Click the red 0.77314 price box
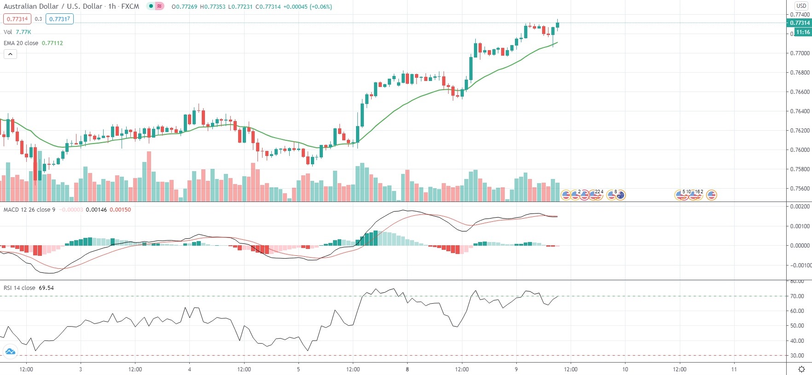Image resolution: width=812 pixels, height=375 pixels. pos(17,19)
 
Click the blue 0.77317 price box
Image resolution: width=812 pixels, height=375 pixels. pos(59,19)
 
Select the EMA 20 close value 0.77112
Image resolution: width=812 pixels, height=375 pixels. pos(52,43)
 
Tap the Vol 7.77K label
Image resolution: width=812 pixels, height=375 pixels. pos(17,32)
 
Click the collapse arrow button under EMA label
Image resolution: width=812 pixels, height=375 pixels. pos(10,54)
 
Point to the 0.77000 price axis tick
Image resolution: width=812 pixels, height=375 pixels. pos(800,53)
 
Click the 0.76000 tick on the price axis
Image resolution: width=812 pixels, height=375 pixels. pos(800,150)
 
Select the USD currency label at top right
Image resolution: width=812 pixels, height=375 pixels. pos(801,6)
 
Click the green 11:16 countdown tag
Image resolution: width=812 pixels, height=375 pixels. pos(803,32)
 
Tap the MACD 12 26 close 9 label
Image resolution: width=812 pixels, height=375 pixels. pos(29,209)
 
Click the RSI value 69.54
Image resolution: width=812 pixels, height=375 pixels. pos(46,288)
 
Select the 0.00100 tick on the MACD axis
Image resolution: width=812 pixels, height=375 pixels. pos(800,226)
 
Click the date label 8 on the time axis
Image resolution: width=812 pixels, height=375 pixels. pos(407,369)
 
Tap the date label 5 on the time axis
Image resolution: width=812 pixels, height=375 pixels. pos(298,369)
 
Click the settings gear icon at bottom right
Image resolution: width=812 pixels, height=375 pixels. pos(801,369)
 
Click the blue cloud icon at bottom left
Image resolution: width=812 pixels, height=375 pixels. pos(10,352)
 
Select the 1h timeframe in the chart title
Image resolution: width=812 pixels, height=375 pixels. pos(112,6)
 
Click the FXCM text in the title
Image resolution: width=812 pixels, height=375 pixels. pos(130,6)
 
